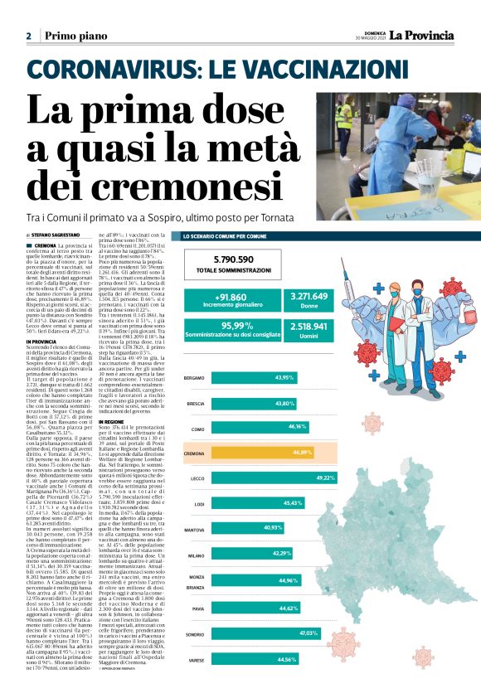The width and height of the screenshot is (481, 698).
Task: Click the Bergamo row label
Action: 194,379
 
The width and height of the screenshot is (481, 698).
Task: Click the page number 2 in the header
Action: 28,36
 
